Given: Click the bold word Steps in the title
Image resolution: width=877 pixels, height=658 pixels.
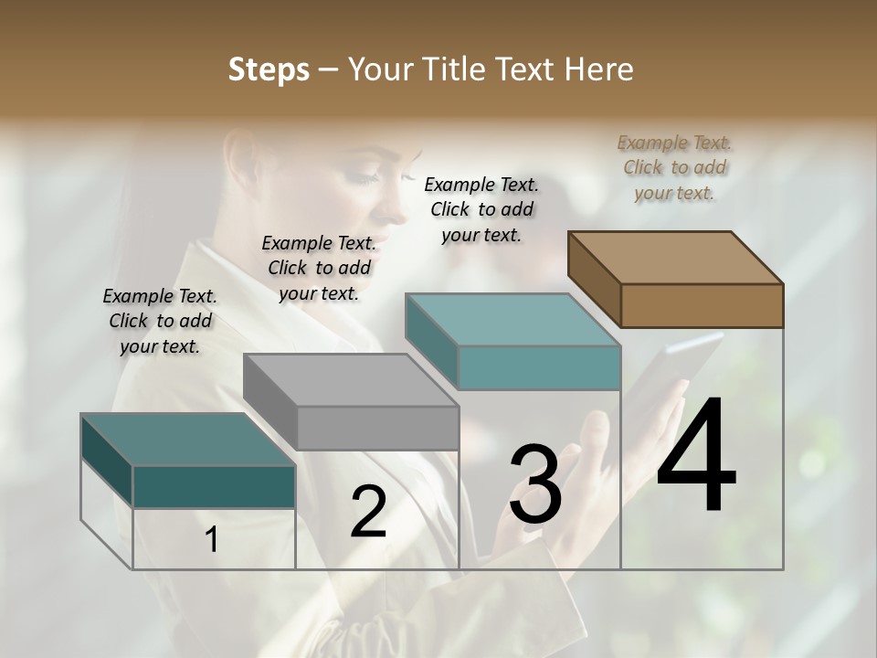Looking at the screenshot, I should (x=269, y=69).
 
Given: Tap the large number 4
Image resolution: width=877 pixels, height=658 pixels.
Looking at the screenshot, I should (x=696, y=456).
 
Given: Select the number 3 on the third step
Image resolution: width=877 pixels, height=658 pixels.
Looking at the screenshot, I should (x=535, y=484).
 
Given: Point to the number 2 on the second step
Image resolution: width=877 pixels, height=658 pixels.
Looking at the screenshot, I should (x=368, y=512).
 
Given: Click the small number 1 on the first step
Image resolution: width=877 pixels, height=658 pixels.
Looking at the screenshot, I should (x=212, y=540).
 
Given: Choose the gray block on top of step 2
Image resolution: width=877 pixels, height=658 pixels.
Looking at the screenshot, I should (x=352, y=401).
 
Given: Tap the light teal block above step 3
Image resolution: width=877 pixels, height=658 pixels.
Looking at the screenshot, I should (x=513, y=341).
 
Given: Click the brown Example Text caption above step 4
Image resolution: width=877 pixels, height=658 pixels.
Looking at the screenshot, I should (x=675, y=168).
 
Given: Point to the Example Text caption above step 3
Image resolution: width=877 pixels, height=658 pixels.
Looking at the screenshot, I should (x=481, y=209).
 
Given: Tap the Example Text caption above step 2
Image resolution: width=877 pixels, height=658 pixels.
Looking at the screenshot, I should (x=319, y=268).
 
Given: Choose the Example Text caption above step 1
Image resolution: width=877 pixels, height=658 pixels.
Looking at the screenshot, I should (x=160, y=321).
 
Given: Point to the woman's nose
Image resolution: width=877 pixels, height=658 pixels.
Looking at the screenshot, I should (x=400, y=212).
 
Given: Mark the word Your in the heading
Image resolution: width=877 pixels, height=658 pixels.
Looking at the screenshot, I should (x=379, y=69).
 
